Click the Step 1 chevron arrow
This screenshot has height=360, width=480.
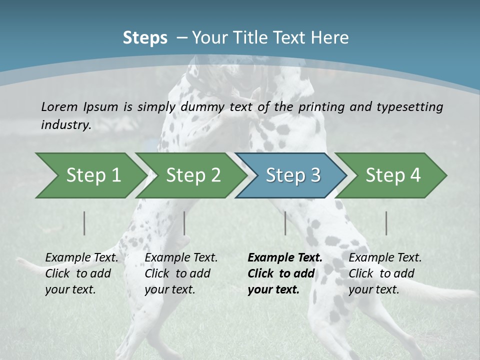click(x=90, y=175)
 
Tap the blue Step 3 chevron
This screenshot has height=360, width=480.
click(x=292, y=175)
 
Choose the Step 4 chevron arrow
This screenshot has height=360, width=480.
click(x=392, y=175)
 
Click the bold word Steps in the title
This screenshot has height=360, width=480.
click(x=145, y=38)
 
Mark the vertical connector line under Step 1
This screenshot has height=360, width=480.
click(x=84, y=223)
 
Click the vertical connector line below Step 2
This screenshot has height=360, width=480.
click(x=184, y=223)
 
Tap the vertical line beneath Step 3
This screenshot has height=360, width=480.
click(x=285, y=223)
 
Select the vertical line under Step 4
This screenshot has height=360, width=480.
click(x=386, y=223)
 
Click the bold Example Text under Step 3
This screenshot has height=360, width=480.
click(x=285, y=258)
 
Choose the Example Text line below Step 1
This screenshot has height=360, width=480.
click(x=81, y=258)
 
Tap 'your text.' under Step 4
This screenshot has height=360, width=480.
click(x=373, y=289)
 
